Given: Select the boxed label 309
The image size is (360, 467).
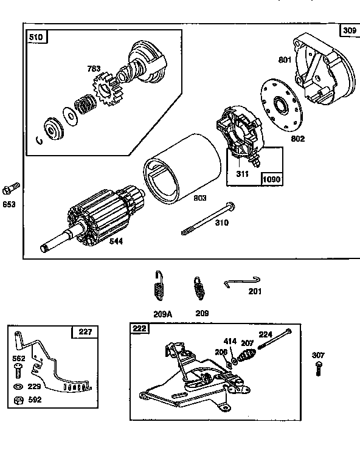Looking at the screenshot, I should pos(349,30).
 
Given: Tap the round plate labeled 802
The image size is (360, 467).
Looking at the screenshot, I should pos(282,107).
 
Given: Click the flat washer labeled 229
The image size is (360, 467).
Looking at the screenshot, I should pos(16,387).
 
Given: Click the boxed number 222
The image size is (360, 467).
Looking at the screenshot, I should pos(140,328).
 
